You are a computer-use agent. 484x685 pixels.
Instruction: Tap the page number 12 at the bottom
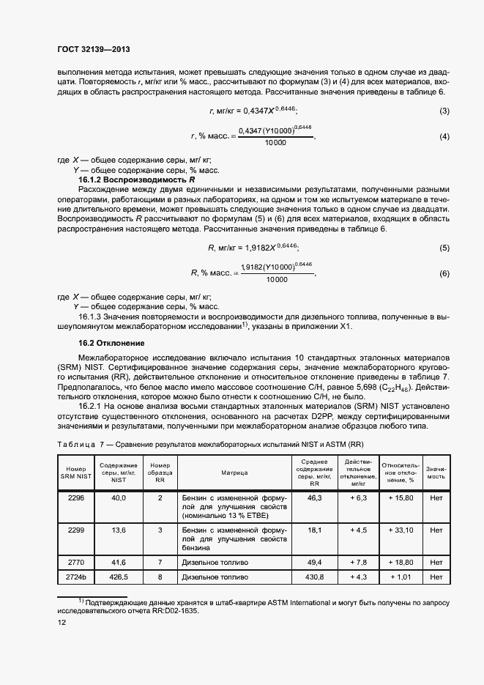click(x=62, y=622)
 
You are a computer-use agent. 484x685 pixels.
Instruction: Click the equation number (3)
click(x=444, y=111)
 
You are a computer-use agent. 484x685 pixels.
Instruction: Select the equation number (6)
click(x=444, y=273)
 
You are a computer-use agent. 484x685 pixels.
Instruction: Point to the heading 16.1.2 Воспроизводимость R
click(x=137, y=179)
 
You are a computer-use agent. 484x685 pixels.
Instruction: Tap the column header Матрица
click(x=236, y=473)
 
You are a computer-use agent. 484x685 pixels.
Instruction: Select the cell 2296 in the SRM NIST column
click(x=76, y=497)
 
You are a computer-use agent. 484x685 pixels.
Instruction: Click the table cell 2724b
click(x=76, y=577)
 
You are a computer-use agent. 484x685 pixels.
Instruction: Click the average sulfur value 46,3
click(x=315, y=497)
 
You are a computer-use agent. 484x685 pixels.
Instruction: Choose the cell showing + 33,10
click(x=401, y=530)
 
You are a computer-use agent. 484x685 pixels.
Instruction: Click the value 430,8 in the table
click(x=315, y=577)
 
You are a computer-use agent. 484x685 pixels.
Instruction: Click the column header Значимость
click(x=437, y=472)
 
